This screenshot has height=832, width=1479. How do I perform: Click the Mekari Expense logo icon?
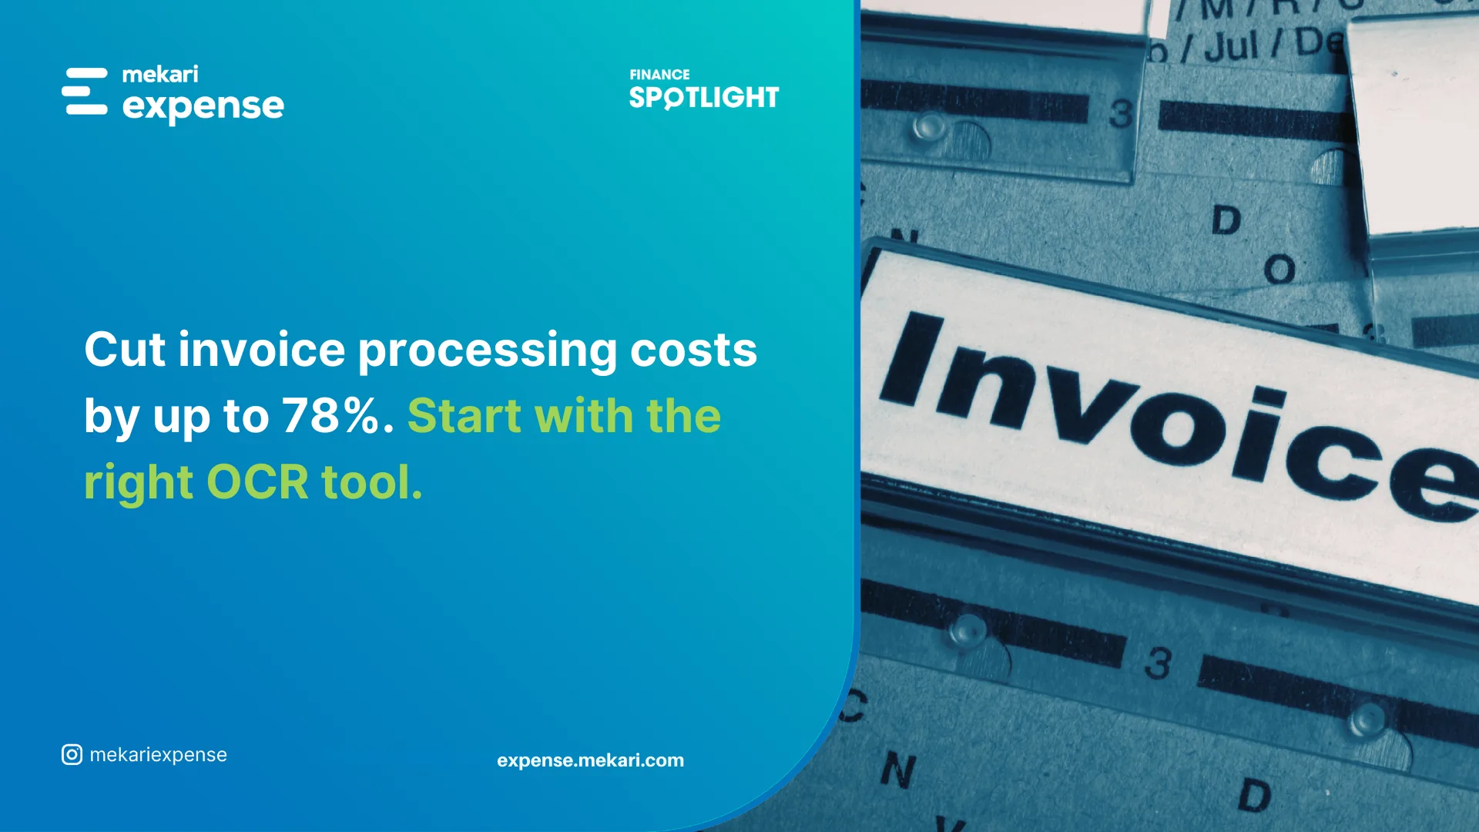pos(85,92)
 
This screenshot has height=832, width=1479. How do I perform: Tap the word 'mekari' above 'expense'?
pos(160,75)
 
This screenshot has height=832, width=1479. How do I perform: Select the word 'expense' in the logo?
pos(203,106)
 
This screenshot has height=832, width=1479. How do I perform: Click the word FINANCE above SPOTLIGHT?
pos(659,75)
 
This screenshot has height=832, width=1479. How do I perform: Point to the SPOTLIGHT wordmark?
pos(704,98)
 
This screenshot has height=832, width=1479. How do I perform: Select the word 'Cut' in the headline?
pos(125,350)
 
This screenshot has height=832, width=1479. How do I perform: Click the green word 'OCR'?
pos(257,482)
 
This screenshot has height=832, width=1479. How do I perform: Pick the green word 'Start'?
pos(464,416)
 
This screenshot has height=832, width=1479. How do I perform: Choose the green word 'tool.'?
pos(372,482)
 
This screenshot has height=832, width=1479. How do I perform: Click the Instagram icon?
pos(72,755)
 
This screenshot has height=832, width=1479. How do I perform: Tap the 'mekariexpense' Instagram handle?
pos(159,755)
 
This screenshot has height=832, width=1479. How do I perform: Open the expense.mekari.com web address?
pos(590,760)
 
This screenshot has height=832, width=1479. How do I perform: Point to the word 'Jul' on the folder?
pos(1231,46)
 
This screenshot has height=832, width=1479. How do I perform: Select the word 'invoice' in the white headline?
pos(262,350)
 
